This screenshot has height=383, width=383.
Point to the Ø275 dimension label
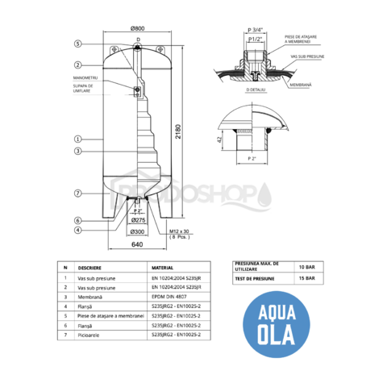pyautogui.click(x=137, y=219)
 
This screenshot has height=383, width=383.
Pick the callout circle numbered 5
pyautogui.click(x=78, y=44)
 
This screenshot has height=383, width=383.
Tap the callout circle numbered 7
pyautogui.click(x=78, y=194)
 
